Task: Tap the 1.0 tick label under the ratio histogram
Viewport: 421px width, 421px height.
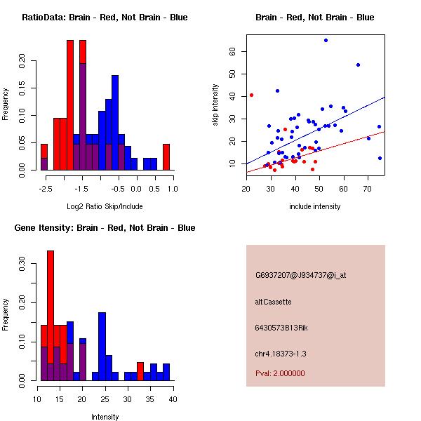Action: tap(173, 188)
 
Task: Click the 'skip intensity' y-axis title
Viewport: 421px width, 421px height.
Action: tap(216, 105)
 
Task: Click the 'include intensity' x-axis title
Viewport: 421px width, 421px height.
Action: tap(315, 207)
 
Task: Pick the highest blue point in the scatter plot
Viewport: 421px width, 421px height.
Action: tap(326, 40)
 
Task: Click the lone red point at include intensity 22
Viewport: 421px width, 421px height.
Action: tap(251, 95)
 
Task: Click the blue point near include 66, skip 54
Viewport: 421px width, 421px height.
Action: tap(358, 65)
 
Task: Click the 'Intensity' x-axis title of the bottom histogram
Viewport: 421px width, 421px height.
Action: tap(105, 417)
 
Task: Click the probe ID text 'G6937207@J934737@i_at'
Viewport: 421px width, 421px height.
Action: tap(300, 275)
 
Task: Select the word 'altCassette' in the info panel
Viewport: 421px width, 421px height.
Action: tap(273, 302)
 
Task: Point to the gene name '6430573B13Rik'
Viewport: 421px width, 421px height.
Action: tap(281, 328)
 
